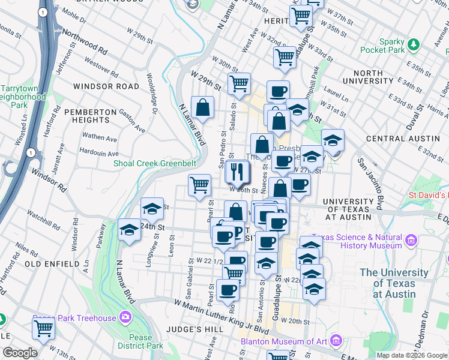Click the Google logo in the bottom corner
20,353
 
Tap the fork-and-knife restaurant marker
238,172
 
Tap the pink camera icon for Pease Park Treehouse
125,316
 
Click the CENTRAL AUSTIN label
394,139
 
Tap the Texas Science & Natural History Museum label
359,241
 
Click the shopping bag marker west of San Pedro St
203,108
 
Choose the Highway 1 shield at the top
43,12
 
